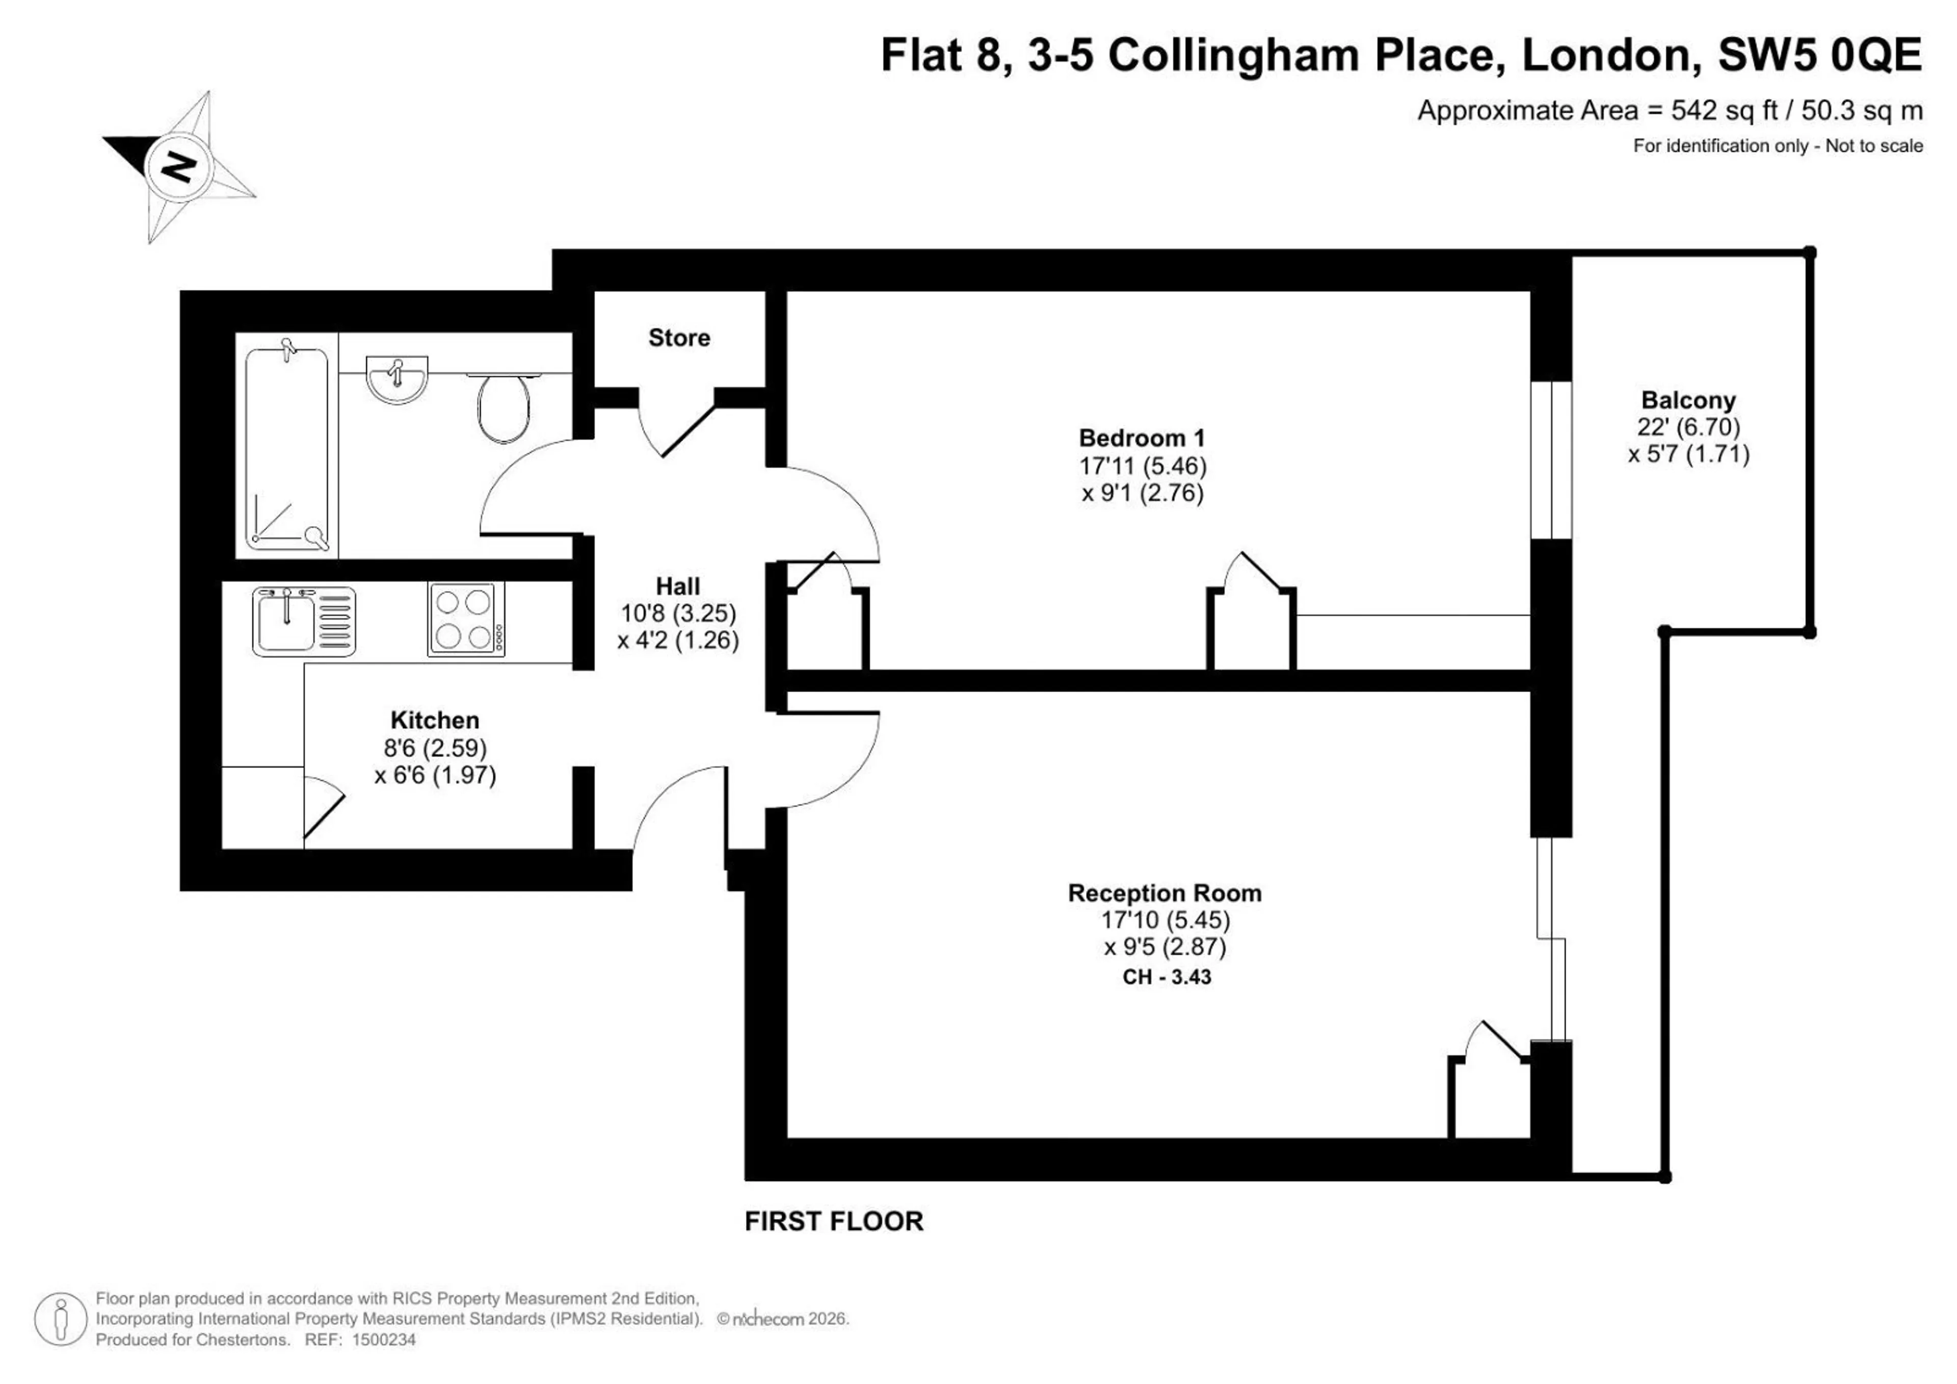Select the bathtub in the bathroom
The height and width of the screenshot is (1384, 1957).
(286, 449)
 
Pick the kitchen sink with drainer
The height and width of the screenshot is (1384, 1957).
(303, 621)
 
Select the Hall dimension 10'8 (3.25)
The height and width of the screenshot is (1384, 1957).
(678, 613)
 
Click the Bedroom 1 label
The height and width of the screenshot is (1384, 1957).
(1142, 439)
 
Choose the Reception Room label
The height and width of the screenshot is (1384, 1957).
(1165, 893)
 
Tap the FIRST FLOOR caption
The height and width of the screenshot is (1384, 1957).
(834, 1221)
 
